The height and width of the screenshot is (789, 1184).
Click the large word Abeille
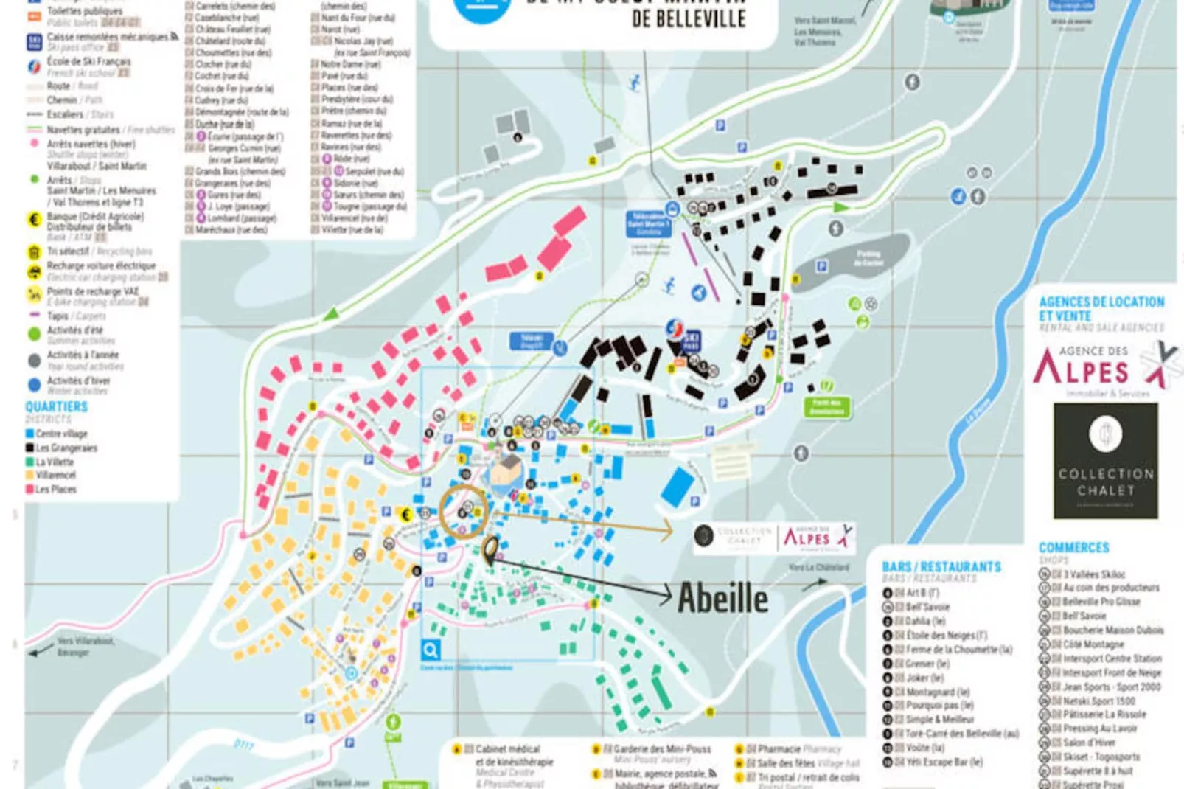pos(722,597)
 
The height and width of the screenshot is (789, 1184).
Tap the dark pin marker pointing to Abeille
pos(490,550)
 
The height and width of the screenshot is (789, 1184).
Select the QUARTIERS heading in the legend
pos(57,407)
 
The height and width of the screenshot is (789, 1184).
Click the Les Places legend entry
pos(56,489)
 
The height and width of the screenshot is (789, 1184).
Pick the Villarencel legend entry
pos(56,475)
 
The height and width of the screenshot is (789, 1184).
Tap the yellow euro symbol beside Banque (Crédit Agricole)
pos(34,219)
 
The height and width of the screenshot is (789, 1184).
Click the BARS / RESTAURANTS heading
pos(941,567)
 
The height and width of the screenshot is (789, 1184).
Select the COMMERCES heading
pos(1073,548)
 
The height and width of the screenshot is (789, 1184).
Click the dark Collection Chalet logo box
pos(1105,461)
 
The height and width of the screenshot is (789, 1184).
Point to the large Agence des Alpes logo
pos(1098,365)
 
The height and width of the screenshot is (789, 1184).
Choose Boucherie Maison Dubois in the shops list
pos(1112,630)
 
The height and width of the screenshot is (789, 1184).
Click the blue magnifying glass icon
pos(431,650)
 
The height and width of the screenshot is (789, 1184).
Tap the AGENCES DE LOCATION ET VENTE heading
pos(1101,308)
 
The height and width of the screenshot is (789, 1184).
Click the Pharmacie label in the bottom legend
pos(779,749)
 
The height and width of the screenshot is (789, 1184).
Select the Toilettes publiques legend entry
pos(85,11)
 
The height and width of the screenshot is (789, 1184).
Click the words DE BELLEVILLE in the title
pos(689,19)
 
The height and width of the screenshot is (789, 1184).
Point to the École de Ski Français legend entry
pos(88,62)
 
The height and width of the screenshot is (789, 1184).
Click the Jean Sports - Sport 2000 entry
pos(1111,687)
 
